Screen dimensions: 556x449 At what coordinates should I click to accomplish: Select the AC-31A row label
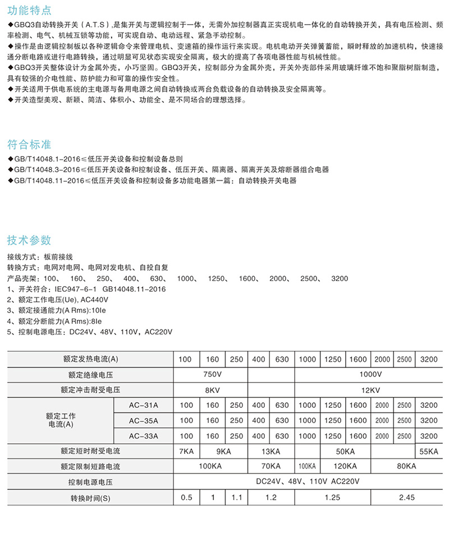[144, 405]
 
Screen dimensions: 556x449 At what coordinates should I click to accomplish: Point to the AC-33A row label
[144, 436]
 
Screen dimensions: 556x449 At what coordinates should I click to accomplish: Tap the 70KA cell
[271, 466]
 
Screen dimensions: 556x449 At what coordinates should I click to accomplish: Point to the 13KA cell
[271, 451]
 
